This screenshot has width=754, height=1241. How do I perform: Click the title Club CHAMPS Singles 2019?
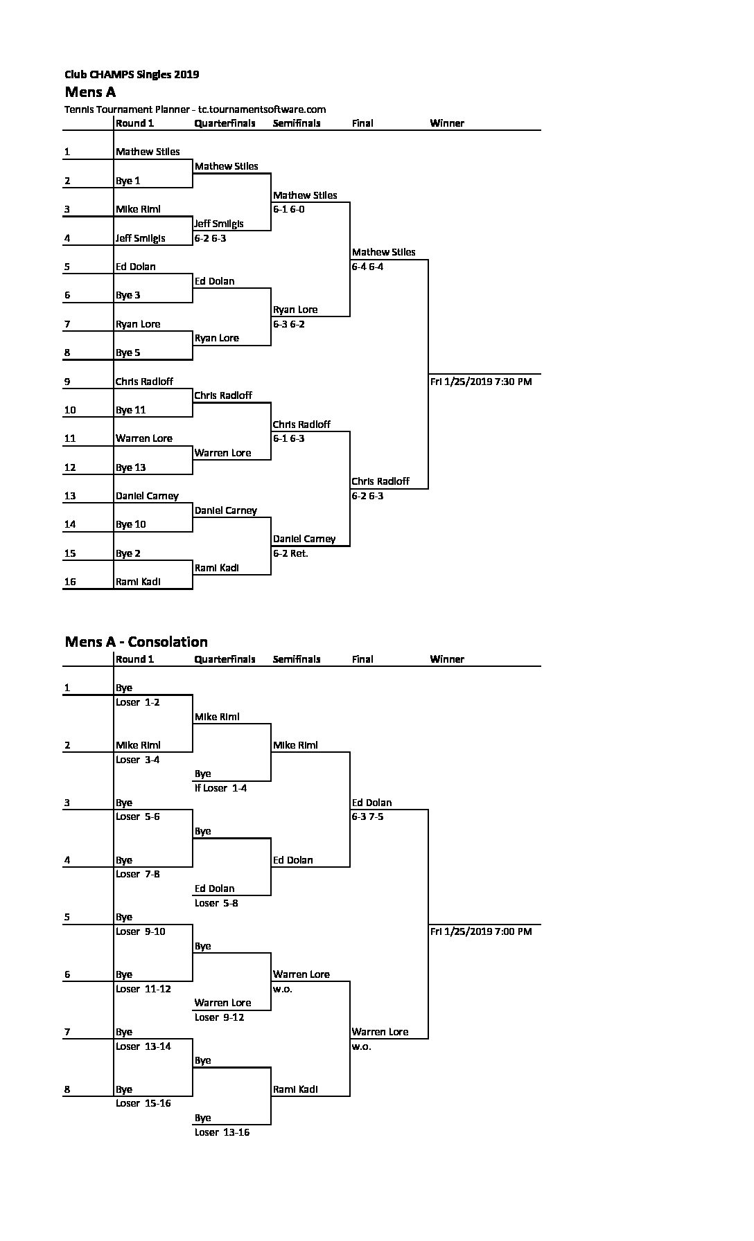[132, 75]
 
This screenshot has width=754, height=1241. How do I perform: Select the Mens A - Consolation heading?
[136, 641]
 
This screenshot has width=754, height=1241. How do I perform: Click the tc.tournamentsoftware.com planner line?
[195, 109]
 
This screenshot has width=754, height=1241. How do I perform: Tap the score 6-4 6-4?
[367, 267]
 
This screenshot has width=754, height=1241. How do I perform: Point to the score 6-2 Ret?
[290, 553]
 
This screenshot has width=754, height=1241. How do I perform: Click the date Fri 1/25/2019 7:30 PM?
[481, 382]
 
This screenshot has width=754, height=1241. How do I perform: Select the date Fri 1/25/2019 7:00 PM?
[481, 931]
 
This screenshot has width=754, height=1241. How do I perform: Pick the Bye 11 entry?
[131, 410]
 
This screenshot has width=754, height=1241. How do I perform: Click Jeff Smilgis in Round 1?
[141, 238]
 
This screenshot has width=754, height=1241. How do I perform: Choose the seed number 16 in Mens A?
[70, 582]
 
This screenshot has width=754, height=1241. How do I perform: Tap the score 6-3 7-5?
[367, 816]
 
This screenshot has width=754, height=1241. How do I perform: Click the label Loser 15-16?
[143, 1103]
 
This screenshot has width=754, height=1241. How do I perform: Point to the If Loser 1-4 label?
[220, 788]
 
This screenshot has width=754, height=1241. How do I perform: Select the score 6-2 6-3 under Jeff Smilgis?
[210, 238]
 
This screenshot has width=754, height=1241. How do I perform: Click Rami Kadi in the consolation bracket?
[295, 1089]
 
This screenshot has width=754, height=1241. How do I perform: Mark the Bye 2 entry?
[128, 553]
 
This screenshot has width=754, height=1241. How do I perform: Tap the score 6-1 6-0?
[288, 209]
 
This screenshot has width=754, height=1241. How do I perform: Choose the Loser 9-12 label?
[219, 1017]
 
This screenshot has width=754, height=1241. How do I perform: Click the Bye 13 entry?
[131, 467]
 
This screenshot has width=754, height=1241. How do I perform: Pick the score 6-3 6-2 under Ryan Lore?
[288, 324]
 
